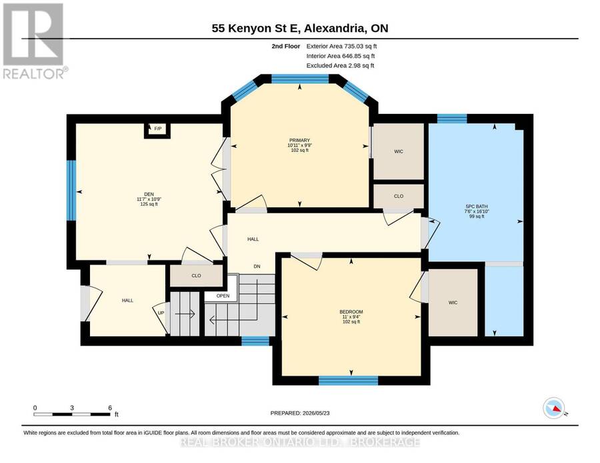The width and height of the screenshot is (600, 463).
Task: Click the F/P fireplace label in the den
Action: click(x=157, y=129)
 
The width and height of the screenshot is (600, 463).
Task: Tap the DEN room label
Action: click(x=149, y=193)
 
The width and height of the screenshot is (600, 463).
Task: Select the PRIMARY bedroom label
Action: click(x=299, y=141)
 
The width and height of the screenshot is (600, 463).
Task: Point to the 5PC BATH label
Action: click(x=477, y=207)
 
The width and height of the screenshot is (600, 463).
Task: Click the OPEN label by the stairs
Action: click(x=223, y=296)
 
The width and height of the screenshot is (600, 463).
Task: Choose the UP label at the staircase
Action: click(x=161, y=312)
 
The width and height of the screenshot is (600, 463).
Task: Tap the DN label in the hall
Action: click(x=257, y=266)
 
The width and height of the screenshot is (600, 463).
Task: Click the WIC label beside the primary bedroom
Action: click(x=399, y=152)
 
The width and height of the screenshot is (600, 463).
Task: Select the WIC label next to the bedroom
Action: click(x=453, y=303)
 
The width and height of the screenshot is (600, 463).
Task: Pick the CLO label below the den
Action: click(x=196, y=276)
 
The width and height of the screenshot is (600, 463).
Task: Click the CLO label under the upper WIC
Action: click(x=399, y=196)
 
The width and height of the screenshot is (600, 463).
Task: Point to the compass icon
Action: click(x=554, y=409)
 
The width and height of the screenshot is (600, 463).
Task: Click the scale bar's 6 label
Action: click(x=110, y=408)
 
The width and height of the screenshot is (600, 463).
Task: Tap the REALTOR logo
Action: click(x=34, y=41)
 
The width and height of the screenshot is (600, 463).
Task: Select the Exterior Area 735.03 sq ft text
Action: click(x=342, y=46)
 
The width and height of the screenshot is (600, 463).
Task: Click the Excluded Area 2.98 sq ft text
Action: click(x=340, y=65)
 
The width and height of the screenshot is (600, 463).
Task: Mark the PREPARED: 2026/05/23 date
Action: click(x=300, y=413)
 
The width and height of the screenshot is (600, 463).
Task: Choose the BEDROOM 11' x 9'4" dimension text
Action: click(x=351, y=317)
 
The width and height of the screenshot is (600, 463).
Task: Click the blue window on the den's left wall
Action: click(x=71, y=191)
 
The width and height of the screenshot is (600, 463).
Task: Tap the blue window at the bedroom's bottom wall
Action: click(x=349, y=380)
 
